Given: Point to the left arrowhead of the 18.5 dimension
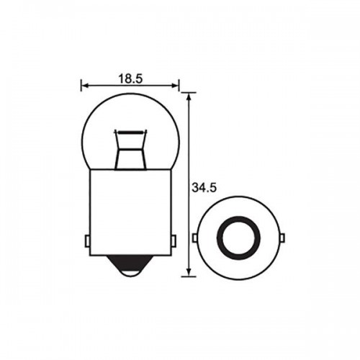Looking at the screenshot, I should (84, 84).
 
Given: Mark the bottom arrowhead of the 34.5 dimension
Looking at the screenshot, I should (189, 272).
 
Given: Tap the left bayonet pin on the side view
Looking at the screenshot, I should (87, 238).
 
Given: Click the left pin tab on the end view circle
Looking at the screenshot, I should (195, 238).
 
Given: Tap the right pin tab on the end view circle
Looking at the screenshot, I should (282, 238).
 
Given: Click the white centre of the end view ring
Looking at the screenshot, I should (238, 238).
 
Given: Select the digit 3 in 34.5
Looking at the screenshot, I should (197, 188).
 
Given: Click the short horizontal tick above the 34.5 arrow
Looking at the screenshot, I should (189, 92).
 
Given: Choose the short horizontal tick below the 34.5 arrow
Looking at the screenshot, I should (189, 276).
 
